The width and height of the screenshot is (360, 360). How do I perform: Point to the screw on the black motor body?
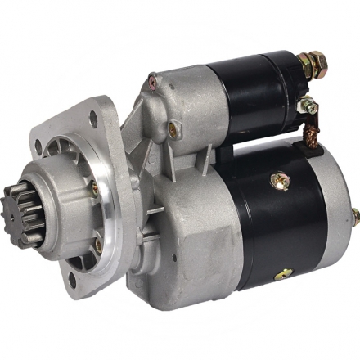[x=279, y=179]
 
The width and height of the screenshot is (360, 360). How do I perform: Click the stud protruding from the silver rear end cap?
[x=354, y=215]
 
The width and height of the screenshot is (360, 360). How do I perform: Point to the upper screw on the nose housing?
[x=95, y=187]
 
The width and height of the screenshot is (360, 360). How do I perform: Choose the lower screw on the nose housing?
[x=98, y=242]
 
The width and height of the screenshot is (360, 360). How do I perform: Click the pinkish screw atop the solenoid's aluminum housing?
[x=152, y=79]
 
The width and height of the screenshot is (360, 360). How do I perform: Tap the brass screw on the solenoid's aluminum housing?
[x=173, y=127]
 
